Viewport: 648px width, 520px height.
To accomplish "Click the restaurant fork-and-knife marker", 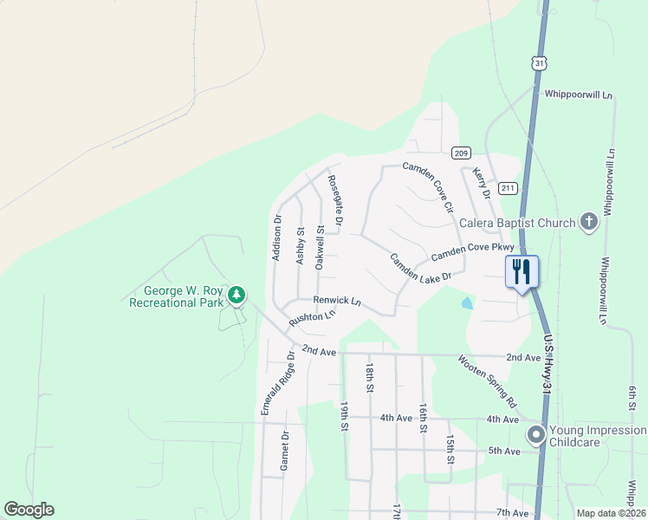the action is coord(521,271).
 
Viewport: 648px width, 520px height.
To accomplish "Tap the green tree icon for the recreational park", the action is coord(236,296).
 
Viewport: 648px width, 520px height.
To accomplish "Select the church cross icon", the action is coord(588,222).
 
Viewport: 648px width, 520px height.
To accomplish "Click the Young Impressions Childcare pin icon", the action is coord(536,433).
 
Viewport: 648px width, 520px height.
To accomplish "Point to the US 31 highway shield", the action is coord(540,64).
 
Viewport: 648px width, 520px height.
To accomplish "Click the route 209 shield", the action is coord(461,153).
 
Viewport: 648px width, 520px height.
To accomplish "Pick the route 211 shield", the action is coord(508,188).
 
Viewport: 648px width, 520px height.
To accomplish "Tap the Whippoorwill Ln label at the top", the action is coord(579,94).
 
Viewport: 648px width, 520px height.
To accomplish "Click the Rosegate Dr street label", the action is coord(334,202).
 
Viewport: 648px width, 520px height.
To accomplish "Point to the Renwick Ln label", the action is coord(337,300).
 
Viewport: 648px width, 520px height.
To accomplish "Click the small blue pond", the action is coord(468,303).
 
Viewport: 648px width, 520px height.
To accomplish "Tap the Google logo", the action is coord(29,510).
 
